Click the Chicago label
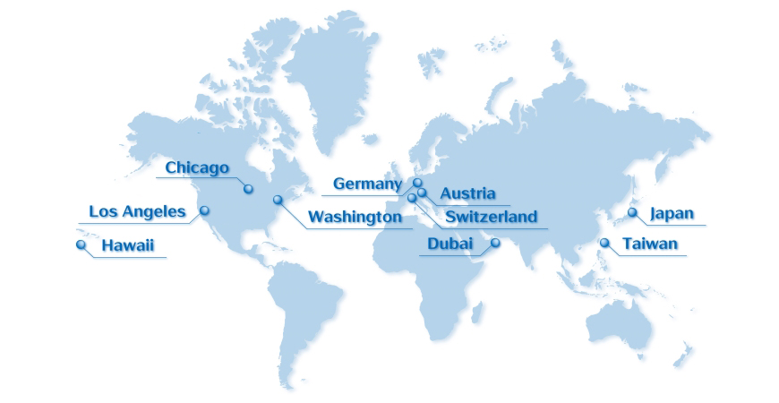[197, 167]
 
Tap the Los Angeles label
[137, 212]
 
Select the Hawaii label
[128, 244]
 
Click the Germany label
[367, 184]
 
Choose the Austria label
[467, 193]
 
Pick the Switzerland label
[491, 217]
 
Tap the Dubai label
[449, 244]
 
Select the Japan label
[672, 213]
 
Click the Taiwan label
[650, 244]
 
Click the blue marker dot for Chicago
[248, 189]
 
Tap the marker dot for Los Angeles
[204, 210]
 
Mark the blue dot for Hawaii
[81, 244]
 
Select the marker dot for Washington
[278, 199]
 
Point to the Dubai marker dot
[495, 243]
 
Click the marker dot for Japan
[632, 212]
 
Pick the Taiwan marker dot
[604, 242]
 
